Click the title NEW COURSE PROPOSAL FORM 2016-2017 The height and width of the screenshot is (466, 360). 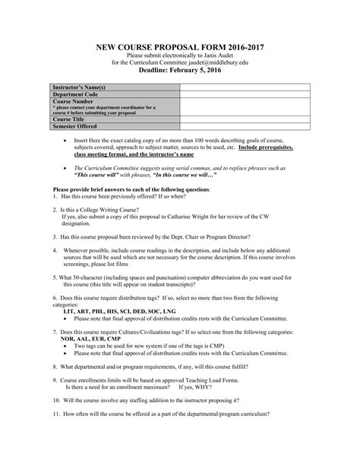tap(180, 46)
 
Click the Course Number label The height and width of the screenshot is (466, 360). tap(74, 100)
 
